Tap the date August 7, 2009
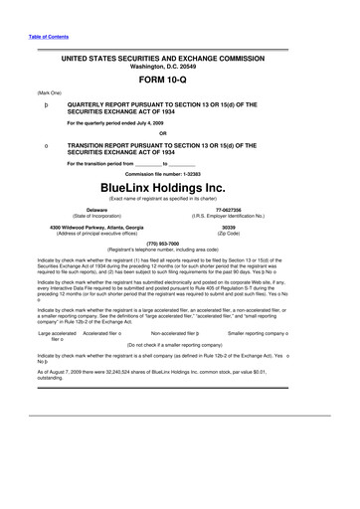coord(60,398)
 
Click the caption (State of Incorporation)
coord(97,216)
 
